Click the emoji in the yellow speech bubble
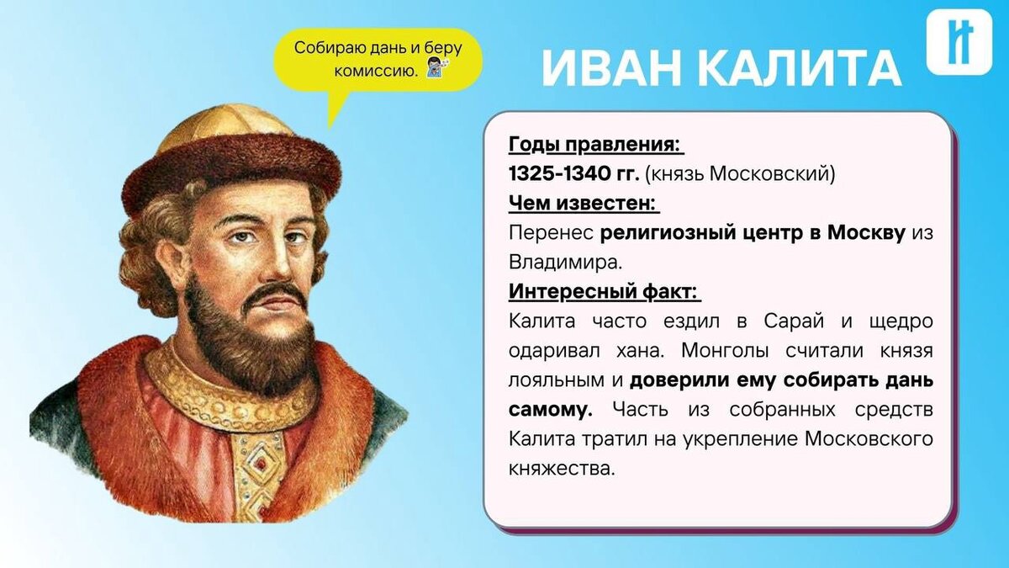click(x=434, y=71)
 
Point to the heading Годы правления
click(x=595, y=145)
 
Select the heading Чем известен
click(x=584, y=204)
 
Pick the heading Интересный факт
click(x=605, y=292)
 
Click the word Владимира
click(x=565, y=263)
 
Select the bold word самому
click(x=551, y=410)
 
